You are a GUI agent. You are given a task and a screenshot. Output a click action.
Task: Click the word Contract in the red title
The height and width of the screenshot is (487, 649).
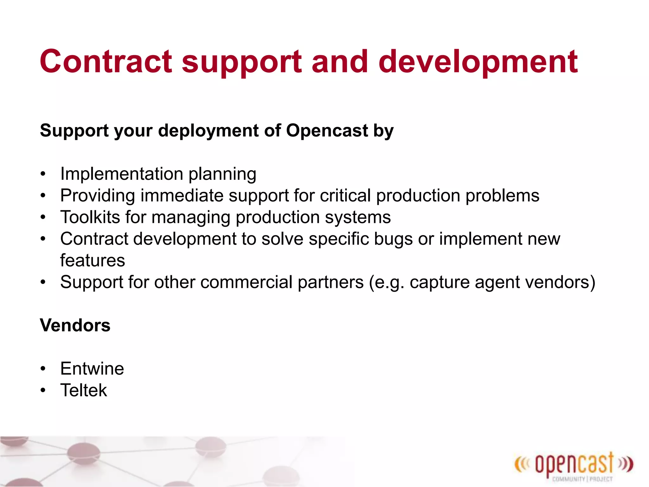[106, 62]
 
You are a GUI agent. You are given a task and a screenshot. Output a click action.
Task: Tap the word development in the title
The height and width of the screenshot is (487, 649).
[478, 62]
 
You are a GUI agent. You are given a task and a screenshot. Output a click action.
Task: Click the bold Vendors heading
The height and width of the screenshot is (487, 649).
[75, 325]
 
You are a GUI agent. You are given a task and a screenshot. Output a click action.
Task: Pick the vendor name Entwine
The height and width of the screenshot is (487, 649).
[92, 368]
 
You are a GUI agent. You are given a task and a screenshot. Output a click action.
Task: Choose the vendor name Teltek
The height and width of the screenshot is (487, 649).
[84, 390]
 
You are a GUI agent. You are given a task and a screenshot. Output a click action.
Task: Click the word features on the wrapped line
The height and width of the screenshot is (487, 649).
[93, 260]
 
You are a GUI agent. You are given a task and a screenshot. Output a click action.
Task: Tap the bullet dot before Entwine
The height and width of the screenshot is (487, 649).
[43, 369]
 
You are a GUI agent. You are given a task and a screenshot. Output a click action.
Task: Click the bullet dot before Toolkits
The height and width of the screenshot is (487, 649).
[43, 218]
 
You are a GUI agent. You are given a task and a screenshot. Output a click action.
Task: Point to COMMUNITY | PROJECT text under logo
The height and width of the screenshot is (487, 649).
[582, 479]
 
